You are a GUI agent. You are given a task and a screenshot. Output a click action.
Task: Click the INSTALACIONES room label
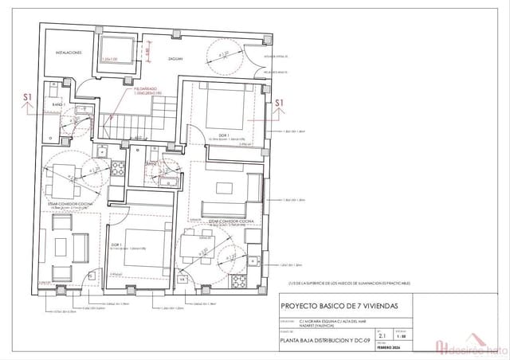(68, 53)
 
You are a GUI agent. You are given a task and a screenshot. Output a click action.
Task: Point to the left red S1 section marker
(27, 98)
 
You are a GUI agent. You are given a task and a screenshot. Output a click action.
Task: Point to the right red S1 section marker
(279, 103)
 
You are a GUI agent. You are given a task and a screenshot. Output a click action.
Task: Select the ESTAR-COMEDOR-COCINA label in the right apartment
(231, 221)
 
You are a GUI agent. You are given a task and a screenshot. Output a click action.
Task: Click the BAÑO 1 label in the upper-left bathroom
(58, 105)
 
